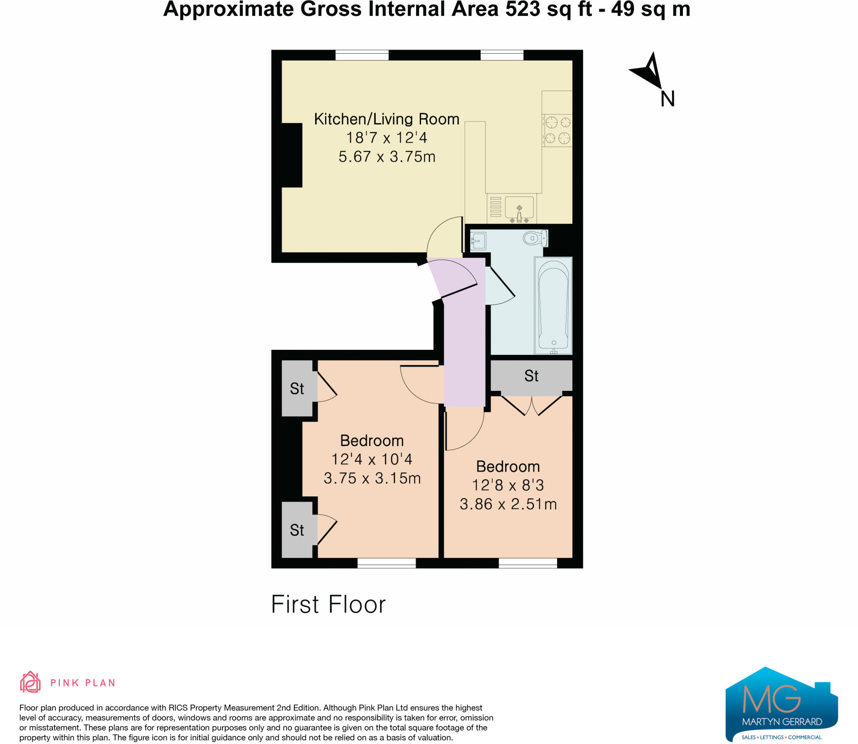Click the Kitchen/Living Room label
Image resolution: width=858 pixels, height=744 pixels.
(x=387, y=119)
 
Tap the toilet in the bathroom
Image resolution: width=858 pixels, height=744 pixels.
(x=535, y=238)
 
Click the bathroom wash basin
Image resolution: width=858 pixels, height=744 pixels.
(x=478, y=241)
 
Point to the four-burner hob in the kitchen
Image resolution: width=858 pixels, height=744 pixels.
(x=557, y=130)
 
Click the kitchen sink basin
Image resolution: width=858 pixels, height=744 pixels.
(x=519, y=208)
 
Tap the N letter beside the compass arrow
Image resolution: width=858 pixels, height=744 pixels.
(x=667, y=99)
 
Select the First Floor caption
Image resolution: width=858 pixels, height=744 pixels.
(x=328, y=604)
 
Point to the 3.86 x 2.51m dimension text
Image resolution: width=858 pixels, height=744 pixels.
(x=508, y=504)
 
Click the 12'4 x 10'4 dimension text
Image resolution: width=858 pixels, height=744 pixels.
(x=372, y=459)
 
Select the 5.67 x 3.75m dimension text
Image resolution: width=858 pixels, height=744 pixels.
(x=387, y=157)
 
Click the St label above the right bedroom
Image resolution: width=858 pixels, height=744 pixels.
(x=531, y=376)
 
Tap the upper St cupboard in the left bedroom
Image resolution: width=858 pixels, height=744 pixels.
(x=297, y=388)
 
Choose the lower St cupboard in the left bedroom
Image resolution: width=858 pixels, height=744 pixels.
(x=297, y=530)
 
